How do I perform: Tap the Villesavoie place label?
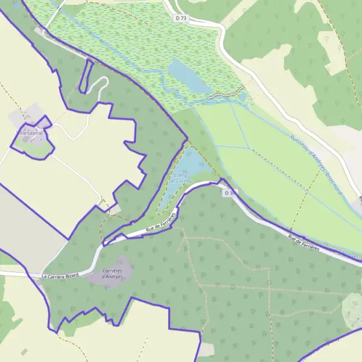(28, 131)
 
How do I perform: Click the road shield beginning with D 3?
(229, 193)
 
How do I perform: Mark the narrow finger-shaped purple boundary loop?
(87, 77)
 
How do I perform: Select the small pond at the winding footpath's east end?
(243, 95)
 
